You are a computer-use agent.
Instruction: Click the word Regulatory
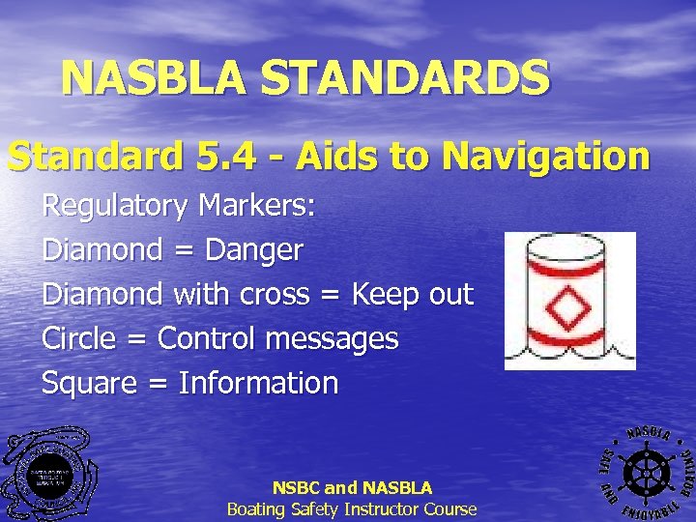(115, 206)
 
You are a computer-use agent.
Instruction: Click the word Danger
(254, 250)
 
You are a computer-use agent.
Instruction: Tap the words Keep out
(413, 295)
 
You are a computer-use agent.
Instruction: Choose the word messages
(338, 339)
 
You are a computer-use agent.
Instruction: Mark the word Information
(258, 384)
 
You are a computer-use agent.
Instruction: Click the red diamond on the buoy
(565, 308)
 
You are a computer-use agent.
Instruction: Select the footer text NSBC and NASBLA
(352, 488)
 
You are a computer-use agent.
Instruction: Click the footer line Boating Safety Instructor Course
(352, 508)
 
